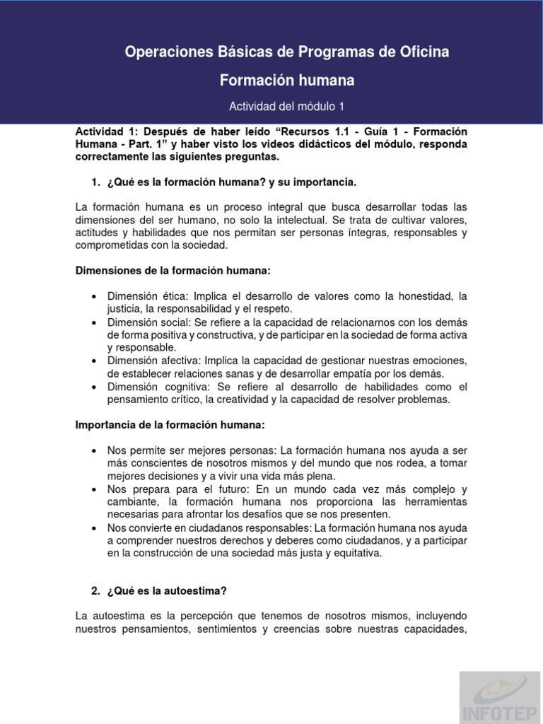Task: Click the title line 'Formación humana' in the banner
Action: (287, 81)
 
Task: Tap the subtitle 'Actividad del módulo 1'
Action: (286, 106)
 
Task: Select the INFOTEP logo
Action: (501, 696)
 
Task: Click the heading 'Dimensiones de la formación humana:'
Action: (173, 271)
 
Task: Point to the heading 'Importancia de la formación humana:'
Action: (170, 424)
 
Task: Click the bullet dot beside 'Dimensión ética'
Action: (94, 296)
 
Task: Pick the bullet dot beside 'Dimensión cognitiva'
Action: (94, 387)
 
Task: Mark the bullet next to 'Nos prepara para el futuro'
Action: (94, 489)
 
